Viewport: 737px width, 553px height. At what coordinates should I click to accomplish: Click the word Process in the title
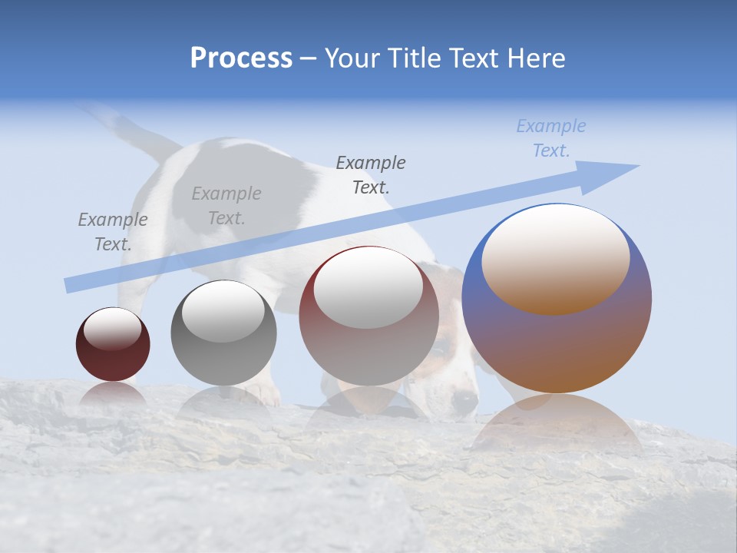(241, 58)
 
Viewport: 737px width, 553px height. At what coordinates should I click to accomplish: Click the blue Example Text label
(550, 138)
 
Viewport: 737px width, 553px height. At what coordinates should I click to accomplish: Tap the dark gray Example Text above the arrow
(371, 174)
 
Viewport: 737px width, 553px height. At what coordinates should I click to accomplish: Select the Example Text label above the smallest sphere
(112, 232)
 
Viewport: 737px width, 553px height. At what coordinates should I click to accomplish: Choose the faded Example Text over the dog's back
(226, 206)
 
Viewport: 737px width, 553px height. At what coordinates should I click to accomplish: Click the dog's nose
(463, 401)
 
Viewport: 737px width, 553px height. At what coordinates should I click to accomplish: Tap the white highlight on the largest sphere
(555, 257)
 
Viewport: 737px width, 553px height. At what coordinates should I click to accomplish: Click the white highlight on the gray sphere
(223, 311)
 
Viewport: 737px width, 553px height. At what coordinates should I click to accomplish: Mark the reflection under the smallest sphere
(113, 395)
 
